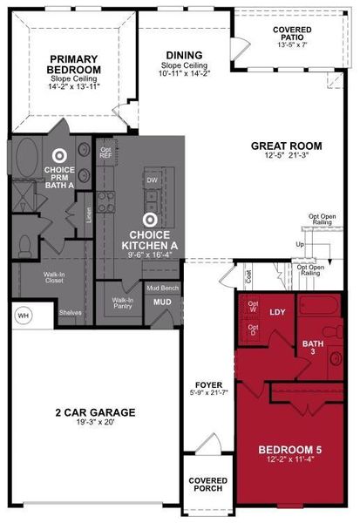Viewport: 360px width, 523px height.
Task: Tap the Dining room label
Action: [184, 56]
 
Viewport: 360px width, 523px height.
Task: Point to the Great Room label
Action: [286, 146]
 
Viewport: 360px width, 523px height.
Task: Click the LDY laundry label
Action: [277, 311]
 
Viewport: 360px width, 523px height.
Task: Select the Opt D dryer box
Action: [253, 331]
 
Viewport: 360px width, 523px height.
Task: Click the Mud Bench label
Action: [163, 287]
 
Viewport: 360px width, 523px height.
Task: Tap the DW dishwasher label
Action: [152, 181]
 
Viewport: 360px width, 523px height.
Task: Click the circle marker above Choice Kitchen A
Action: [149, 221]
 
